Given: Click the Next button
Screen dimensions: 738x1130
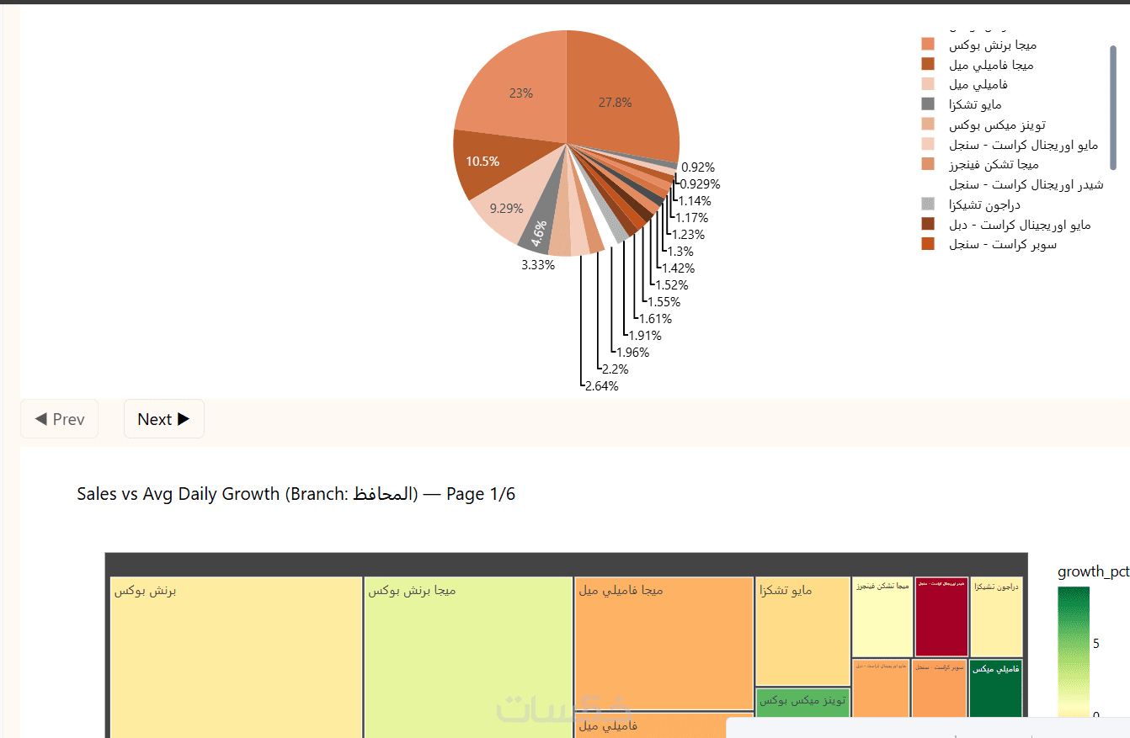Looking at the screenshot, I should [164, 419].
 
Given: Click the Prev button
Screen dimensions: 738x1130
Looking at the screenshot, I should [60, 419].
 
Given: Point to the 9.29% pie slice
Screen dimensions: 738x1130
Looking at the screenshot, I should [505, 207].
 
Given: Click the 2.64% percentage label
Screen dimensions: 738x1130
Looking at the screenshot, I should [601, 386].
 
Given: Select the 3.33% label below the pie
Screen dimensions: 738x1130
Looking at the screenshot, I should [538, 265].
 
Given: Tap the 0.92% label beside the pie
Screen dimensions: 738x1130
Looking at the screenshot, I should [698, 167].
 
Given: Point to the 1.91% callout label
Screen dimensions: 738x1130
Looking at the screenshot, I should [645, 336].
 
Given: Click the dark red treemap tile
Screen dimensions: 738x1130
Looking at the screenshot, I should [941, 616].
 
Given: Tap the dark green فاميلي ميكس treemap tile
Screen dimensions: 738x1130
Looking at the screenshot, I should [995, 686].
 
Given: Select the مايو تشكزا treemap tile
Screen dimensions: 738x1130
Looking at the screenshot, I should [802, 631].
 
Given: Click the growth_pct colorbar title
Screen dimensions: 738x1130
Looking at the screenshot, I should [1093, 572].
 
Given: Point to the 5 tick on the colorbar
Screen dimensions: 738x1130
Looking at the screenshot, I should [1095, 644].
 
